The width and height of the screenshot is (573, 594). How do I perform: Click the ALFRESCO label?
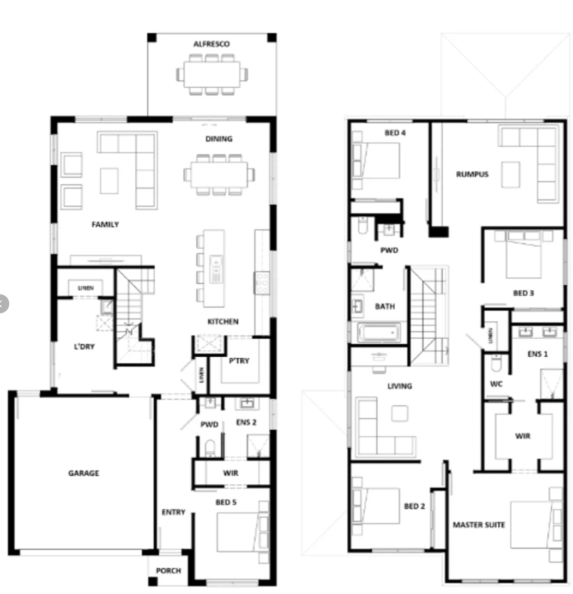pyautogui.click(x=212, y=44)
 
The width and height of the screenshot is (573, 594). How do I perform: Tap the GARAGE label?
pyautogui.click(x=84, y=473)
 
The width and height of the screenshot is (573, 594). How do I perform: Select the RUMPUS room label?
pyautogui.click(x=472, y=174)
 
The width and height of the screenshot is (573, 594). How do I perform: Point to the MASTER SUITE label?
pyautogui.click(x=479, y=525)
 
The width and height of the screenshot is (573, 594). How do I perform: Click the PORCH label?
pyautogui.click(x=168, y=571)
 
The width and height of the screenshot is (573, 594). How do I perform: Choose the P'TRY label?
pyautogui.click(x=239, y=361)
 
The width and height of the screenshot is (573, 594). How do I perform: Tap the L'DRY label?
pyautogui.click(x=84, y=346)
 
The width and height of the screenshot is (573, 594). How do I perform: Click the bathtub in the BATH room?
pyautogui.click(x=379, y=333)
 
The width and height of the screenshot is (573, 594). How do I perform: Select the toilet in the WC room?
pyautogui.click(x=496, y=363)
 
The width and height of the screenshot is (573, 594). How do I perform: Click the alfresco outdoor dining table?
pyautogui.click(x=212, y=74)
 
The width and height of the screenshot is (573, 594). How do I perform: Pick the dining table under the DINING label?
pyautogui.click(x=219, y=175)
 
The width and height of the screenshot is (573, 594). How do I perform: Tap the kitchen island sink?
pyautogui.click(x=216, y=269)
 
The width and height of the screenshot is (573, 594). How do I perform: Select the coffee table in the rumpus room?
pyautogui.click(x=510, y=175)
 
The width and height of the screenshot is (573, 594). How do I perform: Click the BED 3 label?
pyautogui.click(x=523, y=293)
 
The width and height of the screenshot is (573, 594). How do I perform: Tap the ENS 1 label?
pyautogui.click(x=538, y=354)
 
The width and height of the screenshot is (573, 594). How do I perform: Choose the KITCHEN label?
pyautogui.click(x=222, y=322)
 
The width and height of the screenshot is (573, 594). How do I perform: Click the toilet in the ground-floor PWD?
pyautogui.click(x=209, y=448)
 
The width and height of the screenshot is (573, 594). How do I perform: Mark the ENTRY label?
pyautogui.click(x=173, y=512)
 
